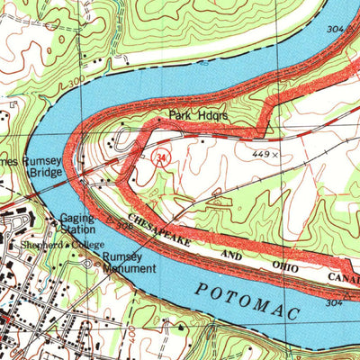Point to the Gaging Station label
click(77, 223)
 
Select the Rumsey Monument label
click(123, 261)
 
